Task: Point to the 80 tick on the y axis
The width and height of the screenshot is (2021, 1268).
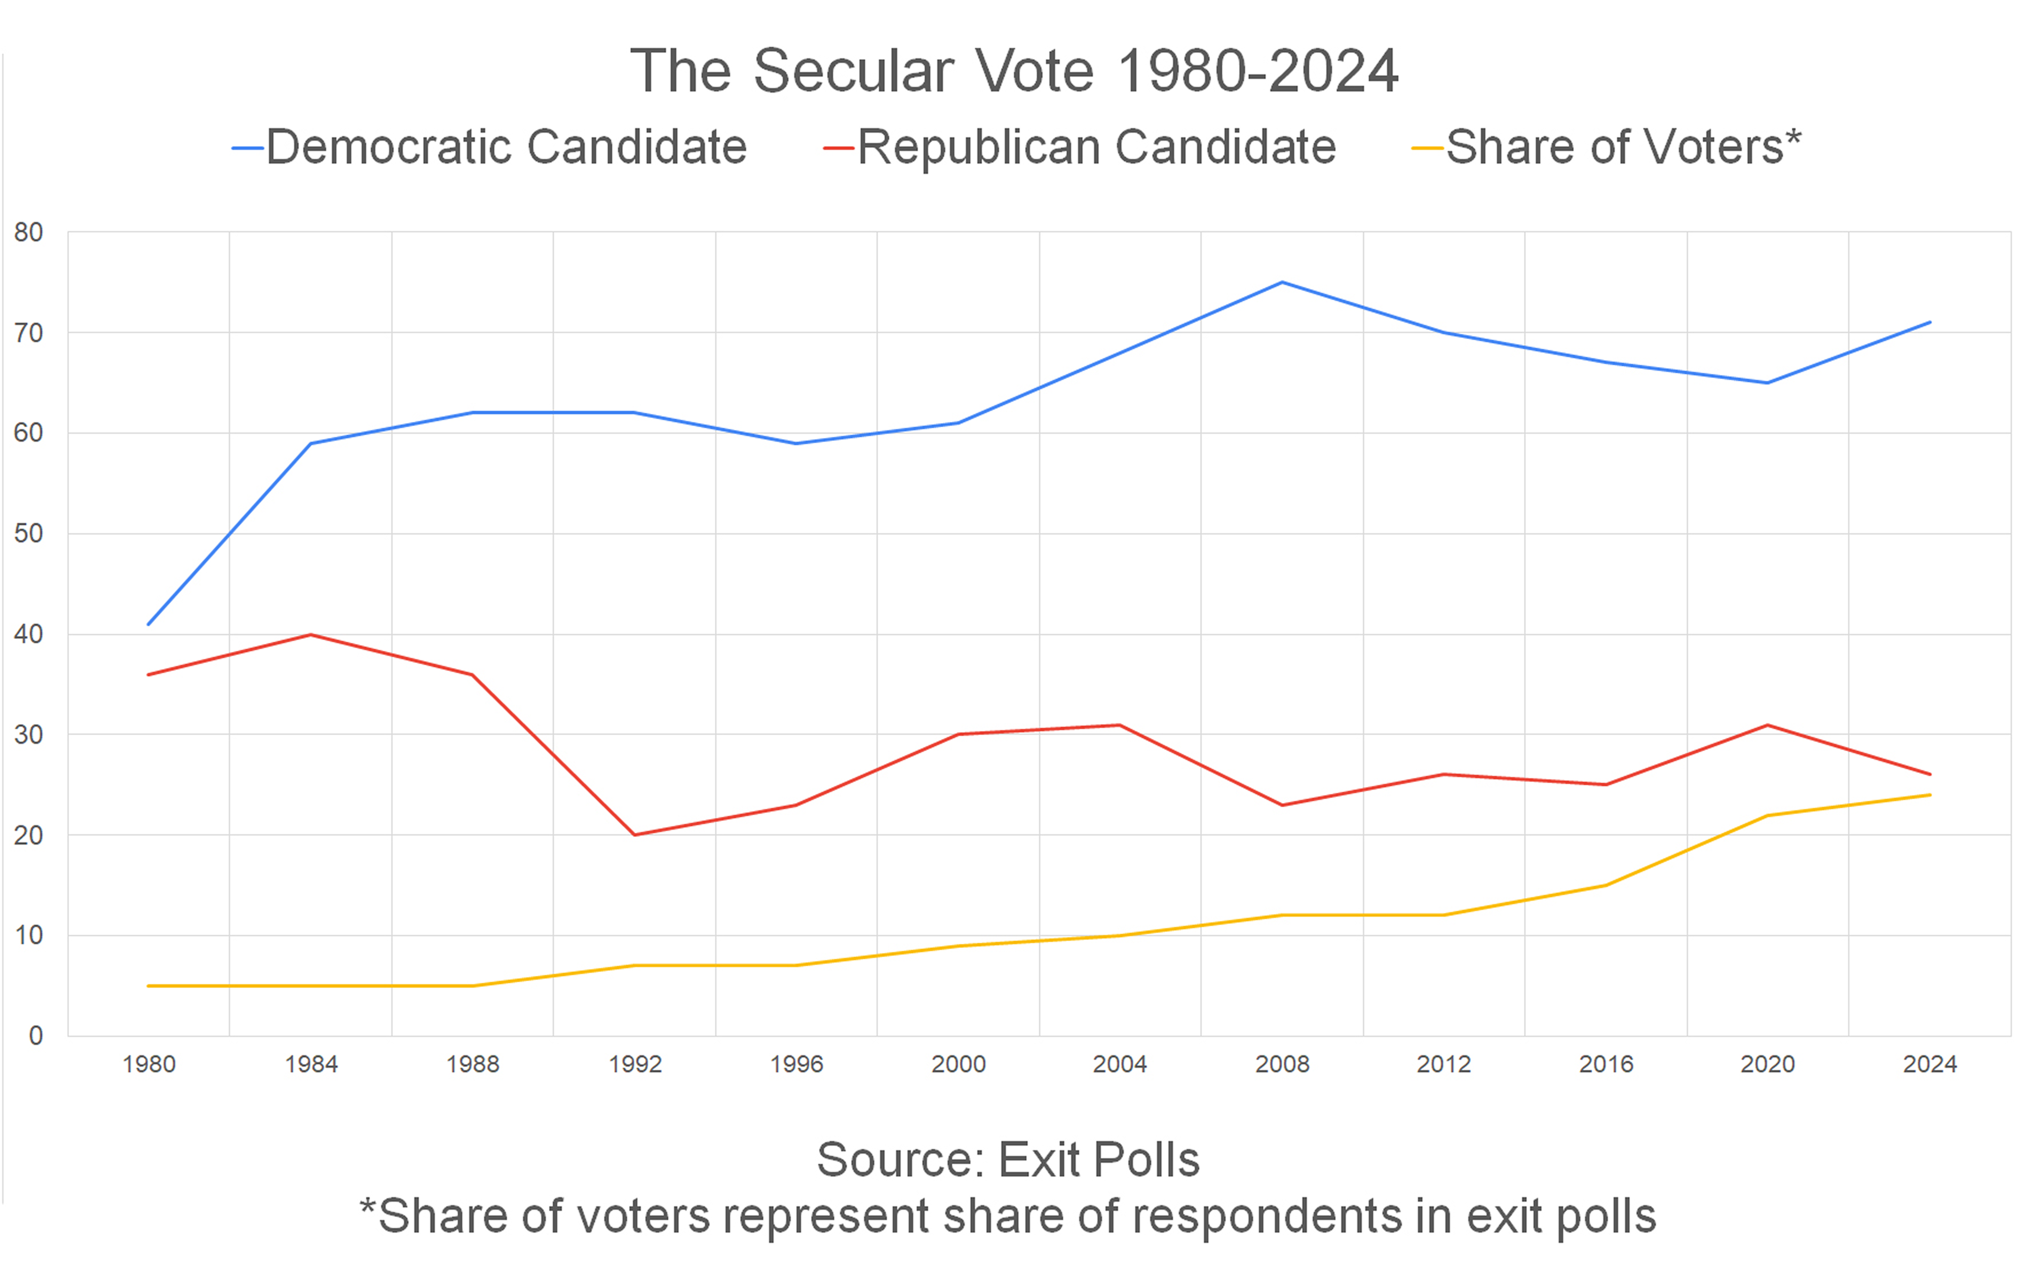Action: [29, 232]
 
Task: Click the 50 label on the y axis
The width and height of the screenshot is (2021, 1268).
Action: [29, 533]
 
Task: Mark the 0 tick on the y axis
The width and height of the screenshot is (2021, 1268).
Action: [35, 1036]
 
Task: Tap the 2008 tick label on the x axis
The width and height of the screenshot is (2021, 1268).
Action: [1282, 1064]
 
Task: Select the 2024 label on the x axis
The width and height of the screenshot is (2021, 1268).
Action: [1930, 1064]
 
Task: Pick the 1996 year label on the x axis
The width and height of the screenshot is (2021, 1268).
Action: [796, 1064]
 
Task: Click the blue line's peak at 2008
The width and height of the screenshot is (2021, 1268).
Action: [1282, 282]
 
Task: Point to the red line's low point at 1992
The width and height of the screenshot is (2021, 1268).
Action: [635, 835]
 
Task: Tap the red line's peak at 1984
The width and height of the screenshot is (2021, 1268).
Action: [311, 635]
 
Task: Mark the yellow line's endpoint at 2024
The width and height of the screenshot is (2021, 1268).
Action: [1930, 795]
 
